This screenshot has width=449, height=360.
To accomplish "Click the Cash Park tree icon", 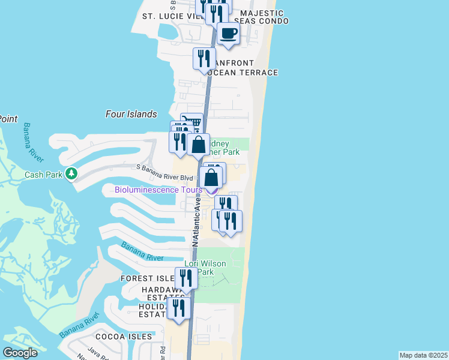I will pyautogui.click(x=72, y=174).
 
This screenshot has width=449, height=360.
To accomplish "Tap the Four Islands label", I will pyautogui.click(x=131, y=114).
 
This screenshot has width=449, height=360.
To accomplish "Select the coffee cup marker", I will pyautogui.click(x=228, y=34).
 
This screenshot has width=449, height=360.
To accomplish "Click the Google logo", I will pyautogui.click(x=20, y=353).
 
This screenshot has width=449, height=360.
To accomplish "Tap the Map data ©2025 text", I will pyautogui.click(x=423, y=355).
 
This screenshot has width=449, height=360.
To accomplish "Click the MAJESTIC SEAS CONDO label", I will pyautogui.click(x=262, y=17).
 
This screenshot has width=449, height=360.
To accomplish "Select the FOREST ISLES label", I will pyautogui.click(x=148, y=278).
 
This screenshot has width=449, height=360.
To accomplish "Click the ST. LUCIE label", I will pyautogui.click(x=163, y=16).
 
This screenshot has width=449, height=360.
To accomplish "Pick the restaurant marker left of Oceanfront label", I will pyautogui.click(x=204, y=59).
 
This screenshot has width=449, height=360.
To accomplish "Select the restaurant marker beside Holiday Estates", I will pyautogui.click(x=179, y=307).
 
